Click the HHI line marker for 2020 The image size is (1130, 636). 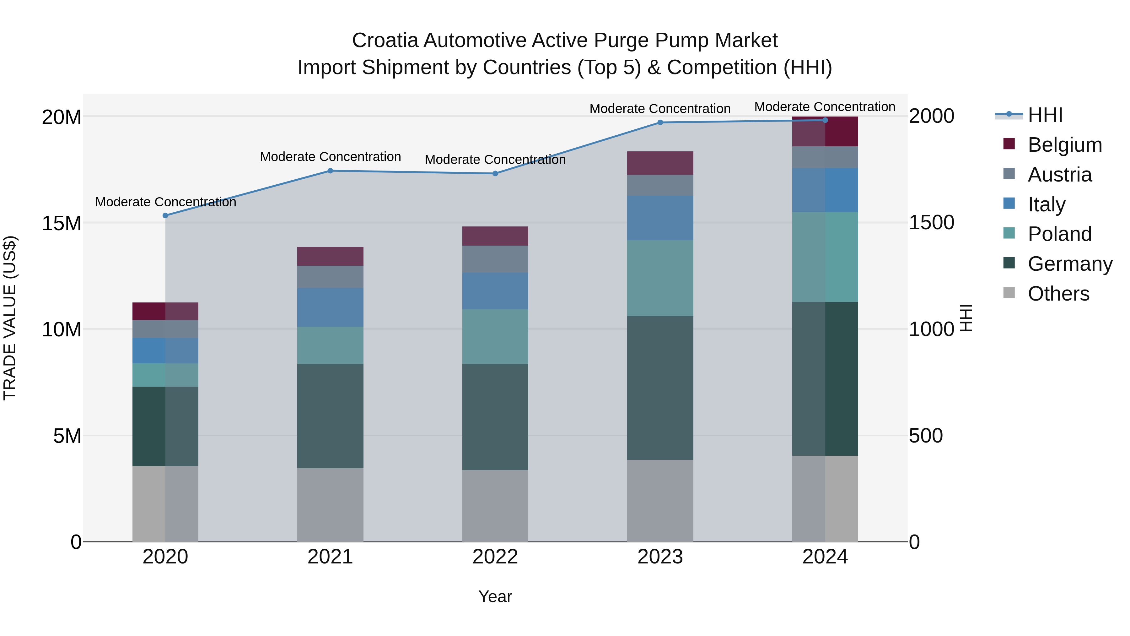(x=165, y=215)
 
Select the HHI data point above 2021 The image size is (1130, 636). (x=330, y=171)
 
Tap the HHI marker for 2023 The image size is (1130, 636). (x=660, y=122)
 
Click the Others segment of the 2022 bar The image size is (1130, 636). (x=495, y=506)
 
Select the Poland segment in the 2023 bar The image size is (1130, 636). (x=660, y=278)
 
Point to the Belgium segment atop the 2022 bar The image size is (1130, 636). (x=495, y=236)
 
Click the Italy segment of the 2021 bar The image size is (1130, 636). (x=330, y=307)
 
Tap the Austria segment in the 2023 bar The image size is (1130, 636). (x=660, y=185)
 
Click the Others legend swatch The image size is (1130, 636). (x=1009, y=293)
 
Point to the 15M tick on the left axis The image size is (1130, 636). (x=62, y=223)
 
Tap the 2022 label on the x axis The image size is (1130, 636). (x=495, y=557)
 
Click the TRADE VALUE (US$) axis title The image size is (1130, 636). (x=10, y=318)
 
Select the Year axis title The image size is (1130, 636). (x=495, y=596)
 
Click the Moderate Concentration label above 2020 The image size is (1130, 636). (x=165, y=202)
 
